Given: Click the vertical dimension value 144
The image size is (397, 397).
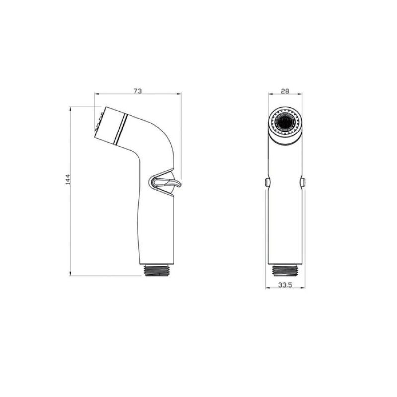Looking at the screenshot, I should [67, 180].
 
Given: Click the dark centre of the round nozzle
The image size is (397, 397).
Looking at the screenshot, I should [285, 121].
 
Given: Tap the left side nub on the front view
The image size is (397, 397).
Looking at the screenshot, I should [267, 182].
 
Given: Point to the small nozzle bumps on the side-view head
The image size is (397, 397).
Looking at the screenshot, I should [97, 124].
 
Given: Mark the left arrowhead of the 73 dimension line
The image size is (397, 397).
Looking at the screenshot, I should [97, 94].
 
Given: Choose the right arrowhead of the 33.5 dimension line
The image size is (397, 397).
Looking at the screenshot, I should [304, 287].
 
